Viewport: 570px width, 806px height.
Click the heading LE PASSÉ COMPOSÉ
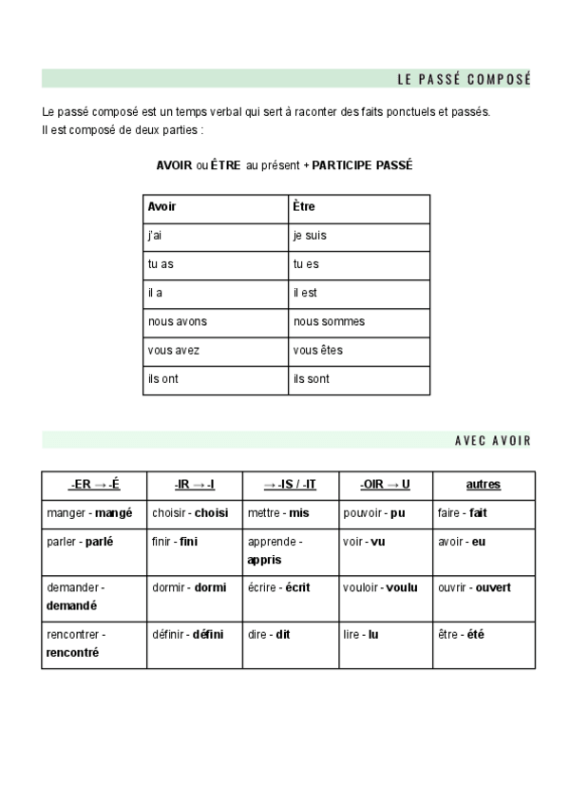(x=464, y=79)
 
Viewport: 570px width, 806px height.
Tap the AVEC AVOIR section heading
(x=492, y=440)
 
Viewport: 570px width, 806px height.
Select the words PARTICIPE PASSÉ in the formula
(x=362, y=164)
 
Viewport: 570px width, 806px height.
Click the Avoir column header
(x=162, y=206)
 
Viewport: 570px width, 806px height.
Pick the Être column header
(x=304, y=206)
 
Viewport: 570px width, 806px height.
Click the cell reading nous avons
(x=178, y=321)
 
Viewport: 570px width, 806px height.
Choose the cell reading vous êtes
(x=318, y=351)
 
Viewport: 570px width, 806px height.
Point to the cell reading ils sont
(x=312, y=379)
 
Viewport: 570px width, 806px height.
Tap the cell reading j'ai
(x=155, y=235)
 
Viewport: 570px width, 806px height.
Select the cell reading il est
(x=305, y=293)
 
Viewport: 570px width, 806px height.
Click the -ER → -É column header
(x=94, y=485)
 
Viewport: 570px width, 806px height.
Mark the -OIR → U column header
(x=385, y=485)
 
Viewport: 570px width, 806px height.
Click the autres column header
(x=484, y=485)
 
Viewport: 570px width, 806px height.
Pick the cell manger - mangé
(x=89, y=512)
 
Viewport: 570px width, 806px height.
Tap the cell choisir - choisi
(x=190, y=512)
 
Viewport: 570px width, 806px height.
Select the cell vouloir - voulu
(x=380, y=587)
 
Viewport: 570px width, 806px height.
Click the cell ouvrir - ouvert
(x=474, y=587)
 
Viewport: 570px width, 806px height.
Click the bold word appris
(x=264, y=560)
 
